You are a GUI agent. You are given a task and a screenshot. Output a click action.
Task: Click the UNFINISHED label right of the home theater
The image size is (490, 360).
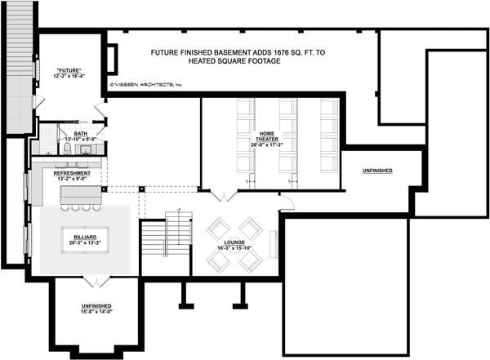click(x=376, y=171)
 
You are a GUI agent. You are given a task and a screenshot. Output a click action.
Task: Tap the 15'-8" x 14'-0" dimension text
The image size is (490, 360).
click(x=96, y=311)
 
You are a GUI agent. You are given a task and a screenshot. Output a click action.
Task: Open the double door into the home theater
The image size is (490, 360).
click(x=221, y=197)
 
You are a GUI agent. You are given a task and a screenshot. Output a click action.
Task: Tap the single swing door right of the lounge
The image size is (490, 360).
click(x=286, y=203)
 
